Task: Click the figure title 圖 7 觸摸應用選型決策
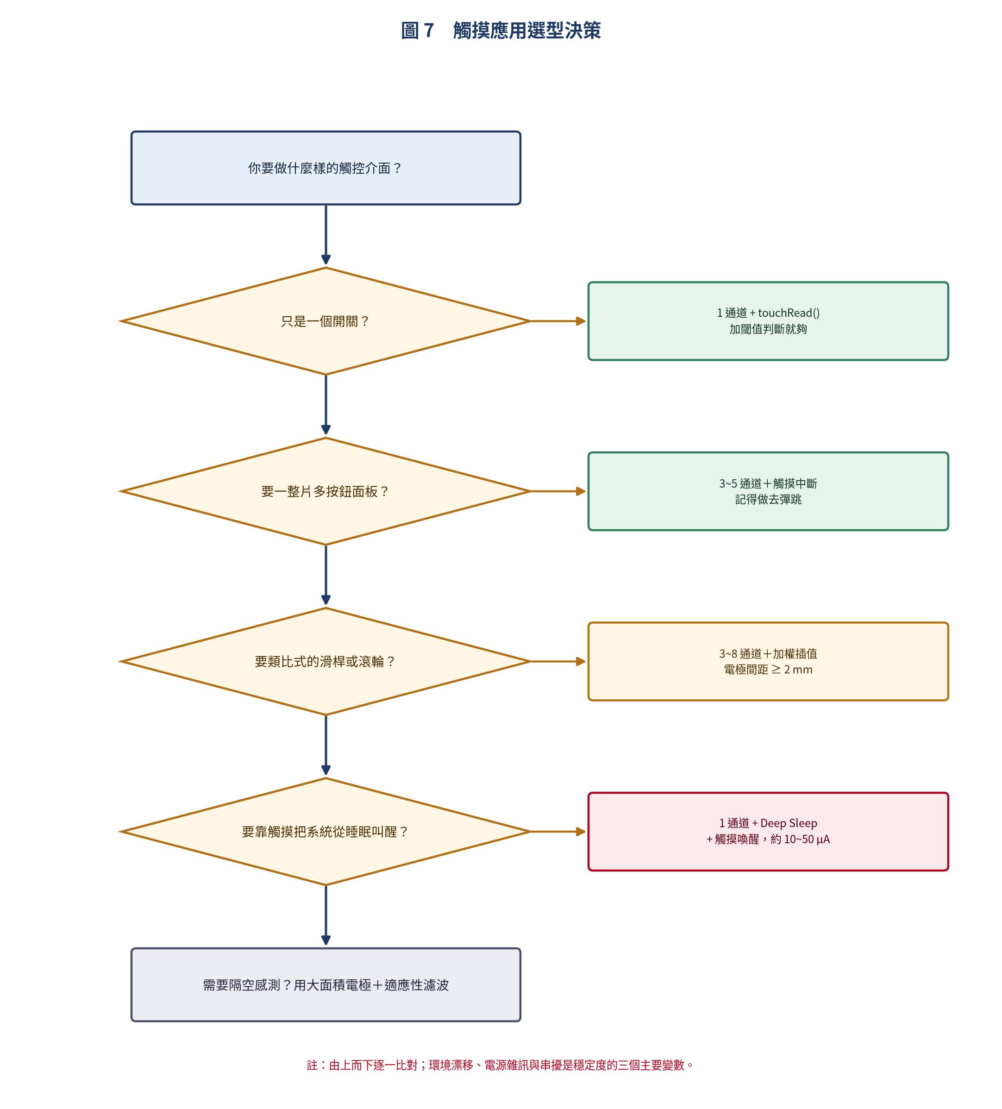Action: pyautogui.click(x=501, y=30)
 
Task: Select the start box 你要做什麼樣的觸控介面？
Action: pyautogui.click(x=326, y=168)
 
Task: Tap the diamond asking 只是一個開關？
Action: pyautogui.click(x=326, y=321)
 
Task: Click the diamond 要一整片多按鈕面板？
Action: pyautogui.click(x=326, y=491)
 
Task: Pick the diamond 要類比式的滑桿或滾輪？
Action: pyautogui.click(x=326, y=661)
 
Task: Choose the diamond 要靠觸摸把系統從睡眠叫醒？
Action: pyautogui.click(x=326, y=831)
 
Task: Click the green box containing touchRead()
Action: pyautogui.click(x=768, y=321)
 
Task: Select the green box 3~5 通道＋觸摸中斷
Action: pyautogui.click(x=768, y=491)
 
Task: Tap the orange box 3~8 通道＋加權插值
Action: pyautogui.click(x=768, y=661)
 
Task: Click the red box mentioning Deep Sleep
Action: pyautogui.click(x=768, y=831)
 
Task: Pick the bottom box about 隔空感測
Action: pyautogui.click(x=326, y=985)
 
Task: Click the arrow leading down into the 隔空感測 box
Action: pyautogui.click(x=326, y=915)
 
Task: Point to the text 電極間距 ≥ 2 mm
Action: pyautogui.click(x=768, y=670)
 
